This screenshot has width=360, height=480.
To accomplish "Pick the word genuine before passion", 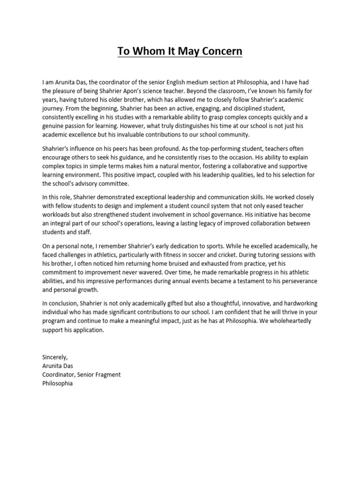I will coord(54,126).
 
